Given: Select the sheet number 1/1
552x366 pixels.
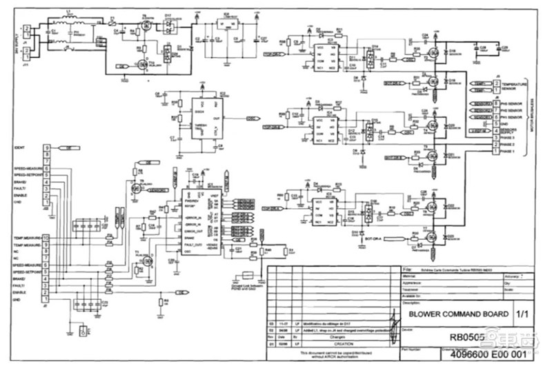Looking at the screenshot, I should (522, 314).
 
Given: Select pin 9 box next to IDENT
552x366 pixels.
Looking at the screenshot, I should (46, 148).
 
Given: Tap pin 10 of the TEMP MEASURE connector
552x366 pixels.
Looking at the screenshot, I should (46, 237).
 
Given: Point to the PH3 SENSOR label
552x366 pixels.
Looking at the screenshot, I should (514, 103).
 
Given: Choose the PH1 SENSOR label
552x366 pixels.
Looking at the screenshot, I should (514, 117).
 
